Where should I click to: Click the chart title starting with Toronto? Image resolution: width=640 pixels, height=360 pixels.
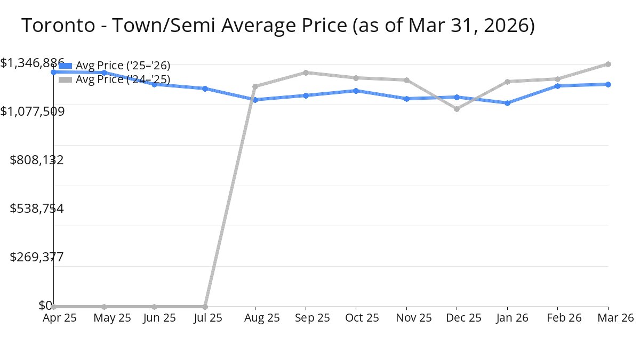pos(278,26)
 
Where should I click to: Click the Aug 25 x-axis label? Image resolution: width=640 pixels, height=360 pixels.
pos(255,318)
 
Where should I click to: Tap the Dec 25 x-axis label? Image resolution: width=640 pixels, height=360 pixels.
pos(457,318)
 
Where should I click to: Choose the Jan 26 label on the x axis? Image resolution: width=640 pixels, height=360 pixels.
pos(507,318)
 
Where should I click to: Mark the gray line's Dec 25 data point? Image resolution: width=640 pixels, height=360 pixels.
pos(457,109)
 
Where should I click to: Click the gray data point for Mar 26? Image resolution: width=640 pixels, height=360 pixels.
pos(608,64)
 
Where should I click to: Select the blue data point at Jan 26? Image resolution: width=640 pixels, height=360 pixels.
pos(507,103)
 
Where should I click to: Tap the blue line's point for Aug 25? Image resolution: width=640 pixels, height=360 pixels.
pos(255,100)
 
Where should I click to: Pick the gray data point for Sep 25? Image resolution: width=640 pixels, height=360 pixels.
pos(306,73)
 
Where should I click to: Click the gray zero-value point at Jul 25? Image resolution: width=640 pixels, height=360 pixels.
pos(205,307)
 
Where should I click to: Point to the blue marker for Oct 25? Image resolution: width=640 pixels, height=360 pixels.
pos(356,91)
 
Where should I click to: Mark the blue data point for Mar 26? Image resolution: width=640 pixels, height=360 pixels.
pos(608,84)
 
